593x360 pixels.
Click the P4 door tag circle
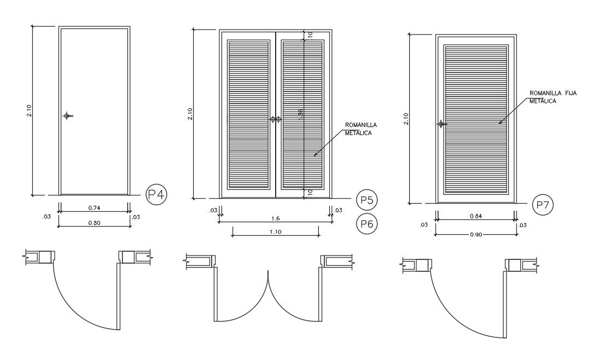coord(156,194)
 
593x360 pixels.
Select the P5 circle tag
coord(366,200)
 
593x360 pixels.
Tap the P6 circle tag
coord(366,223)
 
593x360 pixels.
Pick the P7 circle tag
coord(543,205)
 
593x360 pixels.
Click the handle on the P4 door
coord(67,115)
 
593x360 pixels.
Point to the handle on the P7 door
coord(440,124)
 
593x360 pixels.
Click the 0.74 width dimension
coord(94,208)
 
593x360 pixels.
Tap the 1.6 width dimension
coord(276,218)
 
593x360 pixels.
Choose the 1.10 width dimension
coord(276,232)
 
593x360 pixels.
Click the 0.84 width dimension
coord(475,217)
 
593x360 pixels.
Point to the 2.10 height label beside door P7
coord(405,119)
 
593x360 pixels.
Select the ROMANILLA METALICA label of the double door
coord(361,129)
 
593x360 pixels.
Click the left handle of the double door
coord(272,119)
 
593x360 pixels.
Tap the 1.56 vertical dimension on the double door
coord(301,113)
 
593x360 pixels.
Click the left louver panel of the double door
coord(248,114)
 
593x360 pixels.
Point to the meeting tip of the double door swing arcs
coord(268,271)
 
